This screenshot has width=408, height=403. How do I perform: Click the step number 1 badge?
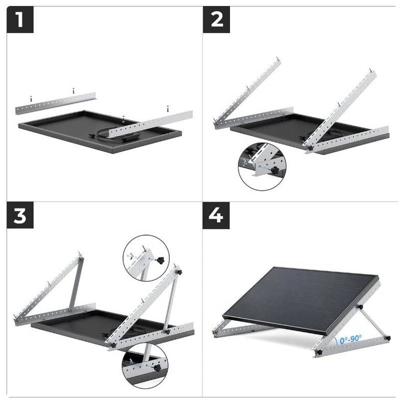[20, 20]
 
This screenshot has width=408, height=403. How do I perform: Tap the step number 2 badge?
[216, 20]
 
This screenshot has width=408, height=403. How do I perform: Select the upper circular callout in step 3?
[147, 258]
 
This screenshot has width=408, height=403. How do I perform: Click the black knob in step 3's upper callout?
[162, 261]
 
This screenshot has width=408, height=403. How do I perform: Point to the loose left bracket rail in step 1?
[56, 102]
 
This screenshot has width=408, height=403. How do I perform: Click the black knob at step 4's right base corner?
[387, 339]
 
